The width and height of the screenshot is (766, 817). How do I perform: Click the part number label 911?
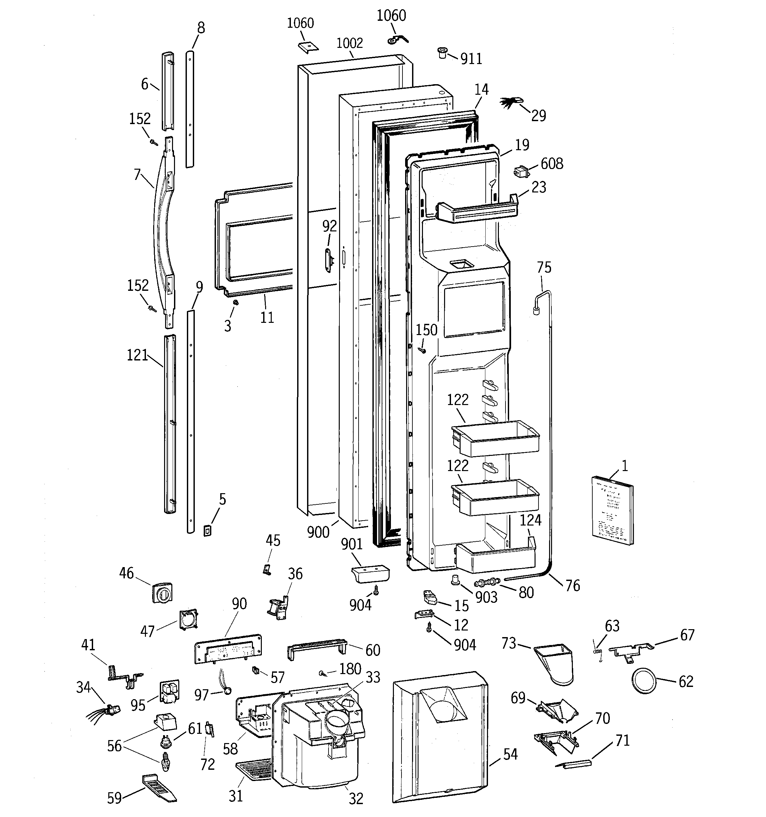coord(471,59)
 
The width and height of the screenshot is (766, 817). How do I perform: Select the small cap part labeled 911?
coord(442,53)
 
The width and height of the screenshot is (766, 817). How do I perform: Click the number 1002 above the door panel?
coord(350,43)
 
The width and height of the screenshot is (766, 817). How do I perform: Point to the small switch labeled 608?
coord(521,171)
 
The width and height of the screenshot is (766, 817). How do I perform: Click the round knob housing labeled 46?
coord(162,592)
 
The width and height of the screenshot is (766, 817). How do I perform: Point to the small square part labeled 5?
coord(208,530)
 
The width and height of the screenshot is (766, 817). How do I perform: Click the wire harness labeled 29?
coord(511,102)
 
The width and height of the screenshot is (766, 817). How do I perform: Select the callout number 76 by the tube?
coord(572,585)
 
